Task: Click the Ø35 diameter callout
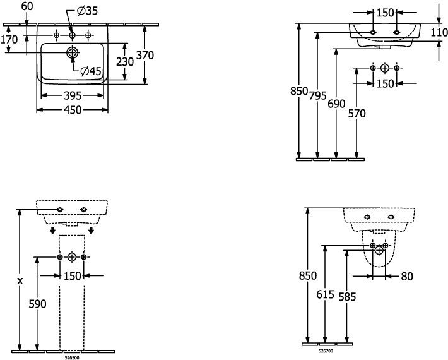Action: tap(87, 11)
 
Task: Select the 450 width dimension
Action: tap(73, 110)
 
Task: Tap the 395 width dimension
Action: tap(73, 97)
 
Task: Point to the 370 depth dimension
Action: tap(145, 56)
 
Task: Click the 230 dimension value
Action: tap(125, 62)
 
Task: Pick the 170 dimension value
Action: tap(9, 40)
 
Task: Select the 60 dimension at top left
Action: tap(27, 6)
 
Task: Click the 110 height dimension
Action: tap(439, 32)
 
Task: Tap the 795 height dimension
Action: tap(318, 96)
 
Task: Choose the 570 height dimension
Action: tap(357, 113)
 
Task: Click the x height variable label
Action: tap(20, 280)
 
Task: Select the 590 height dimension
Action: tap(38, 304)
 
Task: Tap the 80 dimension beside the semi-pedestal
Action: tap(408, 276)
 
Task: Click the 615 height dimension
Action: tap(326, 294)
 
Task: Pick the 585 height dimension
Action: tap(346, 296)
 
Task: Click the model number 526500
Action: tap(71, 357)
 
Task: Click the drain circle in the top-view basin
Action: tap(72, 52)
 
